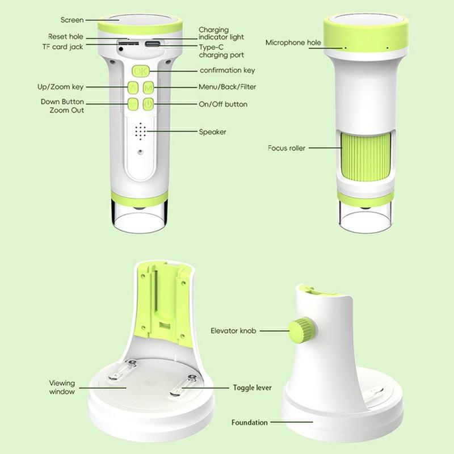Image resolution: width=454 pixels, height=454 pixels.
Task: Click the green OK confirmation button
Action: (141, 71)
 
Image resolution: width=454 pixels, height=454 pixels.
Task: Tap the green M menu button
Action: (148, 87)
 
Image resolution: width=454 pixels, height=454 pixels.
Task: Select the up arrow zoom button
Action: (133, 87)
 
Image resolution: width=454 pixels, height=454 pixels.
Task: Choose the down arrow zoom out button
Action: (133, 104)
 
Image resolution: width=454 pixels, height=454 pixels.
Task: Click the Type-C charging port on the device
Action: (152, 44)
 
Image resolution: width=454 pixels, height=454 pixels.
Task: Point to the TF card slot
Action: (128, 43)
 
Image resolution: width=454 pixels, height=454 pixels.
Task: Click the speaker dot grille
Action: (140, 131)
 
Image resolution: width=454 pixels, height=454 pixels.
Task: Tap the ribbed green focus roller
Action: (365, 155)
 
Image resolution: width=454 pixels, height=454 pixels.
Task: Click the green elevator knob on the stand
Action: (302, 330)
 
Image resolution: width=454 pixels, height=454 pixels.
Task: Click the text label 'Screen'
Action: (72, 20)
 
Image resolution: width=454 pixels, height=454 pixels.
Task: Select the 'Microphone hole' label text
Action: (293, 43)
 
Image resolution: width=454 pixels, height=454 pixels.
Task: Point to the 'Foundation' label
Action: (249, 422)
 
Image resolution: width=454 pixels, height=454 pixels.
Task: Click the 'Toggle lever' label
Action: (252, 388)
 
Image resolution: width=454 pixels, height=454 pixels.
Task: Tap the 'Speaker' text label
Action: (212, 132)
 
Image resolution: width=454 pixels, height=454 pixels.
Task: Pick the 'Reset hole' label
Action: (66, 37)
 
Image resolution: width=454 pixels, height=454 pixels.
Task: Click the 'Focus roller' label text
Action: (287, 148)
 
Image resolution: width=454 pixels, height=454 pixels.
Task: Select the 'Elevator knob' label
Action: (233, 331)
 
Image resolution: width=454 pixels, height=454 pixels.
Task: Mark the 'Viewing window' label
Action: (62, 387)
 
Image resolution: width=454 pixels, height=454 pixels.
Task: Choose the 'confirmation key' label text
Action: (228, 70)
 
